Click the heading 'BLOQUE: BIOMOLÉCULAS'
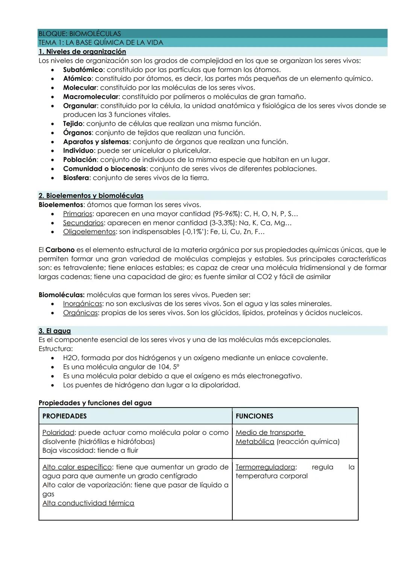(x=79, y=34)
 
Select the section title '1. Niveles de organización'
(x=82, y=52)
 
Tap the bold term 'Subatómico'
(x=83, y=70)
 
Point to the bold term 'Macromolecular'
(x=91, y=97)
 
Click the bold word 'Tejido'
(x=73, y=124)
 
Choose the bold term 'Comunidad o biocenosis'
(x=104, y=169)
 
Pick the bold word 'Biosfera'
(x=76, y=178)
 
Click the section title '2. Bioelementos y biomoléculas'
(x=91, y=196)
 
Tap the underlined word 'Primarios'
(x=77, y=214)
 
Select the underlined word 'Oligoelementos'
(x=89, y=232)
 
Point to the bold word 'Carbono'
(x=60, y=250)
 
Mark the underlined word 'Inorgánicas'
(x=82, y=304)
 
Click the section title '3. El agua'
(x=55, y=331)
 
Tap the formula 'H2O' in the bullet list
(x=70, y=358)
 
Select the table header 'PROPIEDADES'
(x=64, y=416)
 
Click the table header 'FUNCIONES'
(x=254, y=416)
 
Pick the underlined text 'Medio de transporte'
(x=270, y=433)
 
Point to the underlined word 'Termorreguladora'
(x=265, y=467)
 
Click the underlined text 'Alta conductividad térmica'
(x=88, y=503)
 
